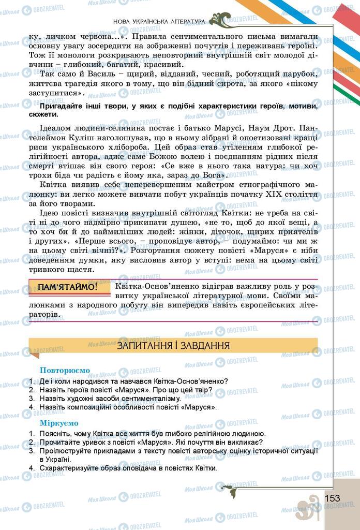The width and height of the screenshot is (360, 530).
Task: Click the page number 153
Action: pos(333,498)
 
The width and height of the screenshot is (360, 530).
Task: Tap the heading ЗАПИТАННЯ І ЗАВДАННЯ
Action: pos(173,345)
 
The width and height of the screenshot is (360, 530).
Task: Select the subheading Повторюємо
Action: pos(65,371)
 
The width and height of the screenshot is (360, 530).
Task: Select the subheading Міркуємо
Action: pos(56,423)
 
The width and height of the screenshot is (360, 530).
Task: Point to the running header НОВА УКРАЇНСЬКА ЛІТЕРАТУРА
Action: pos(158,21)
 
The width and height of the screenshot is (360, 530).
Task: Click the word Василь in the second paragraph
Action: pos(89,75)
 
